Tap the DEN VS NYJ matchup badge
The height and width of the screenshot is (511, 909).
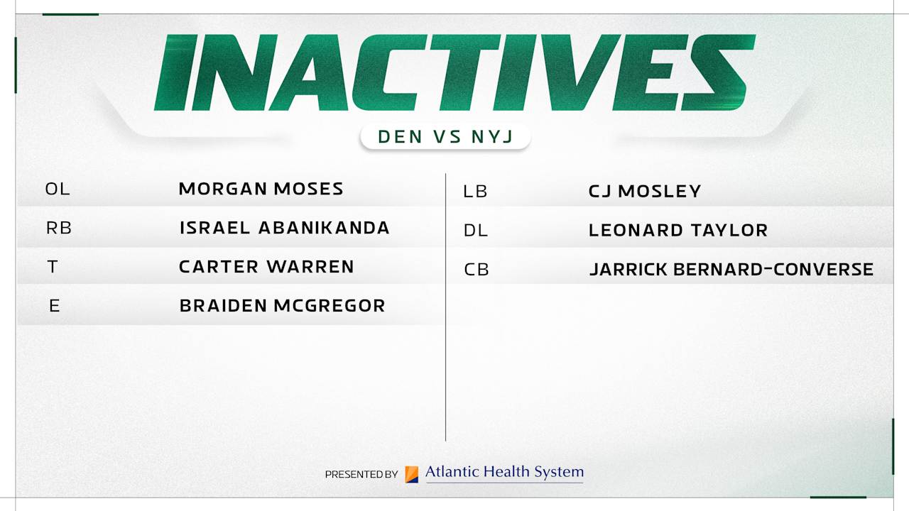pyautogui.click(x=445, y=136)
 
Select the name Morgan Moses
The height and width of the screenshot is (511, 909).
pyautogui.click(x=261, y=189)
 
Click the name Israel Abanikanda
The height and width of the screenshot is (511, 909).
pyautogui.click(x=284, y=228)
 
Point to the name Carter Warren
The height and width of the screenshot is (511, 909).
pyautogui.click(x=266, y=267)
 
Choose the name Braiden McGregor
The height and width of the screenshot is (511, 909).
pyautogui.click(x=282, y=306)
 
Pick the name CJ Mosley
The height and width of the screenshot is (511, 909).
pyautogui.click(x=645, y=192)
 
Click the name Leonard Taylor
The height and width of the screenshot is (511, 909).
pyautogui.click(x=678, y=231)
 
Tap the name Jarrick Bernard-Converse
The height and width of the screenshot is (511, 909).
pyautogui.click(x=731, y=270)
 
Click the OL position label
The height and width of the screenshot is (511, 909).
pyautogui.click(x=58, y=189)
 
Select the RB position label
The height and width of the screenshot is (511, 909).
pyautogui.click(x=59, y=229)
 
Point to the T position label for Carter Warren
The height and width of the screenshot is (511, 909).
pyautogui.click(x=53, y=268)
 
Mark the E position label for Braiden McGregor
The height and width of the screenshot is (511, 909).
pyautogui.click(x=55, y=307)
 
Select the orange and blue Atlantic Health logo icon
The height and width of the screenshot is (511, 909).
pyautogui.click(x=412, y=474)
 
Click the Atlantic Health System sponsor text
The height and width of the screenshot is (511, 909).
pyautogui.click(x=504, y=472)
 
